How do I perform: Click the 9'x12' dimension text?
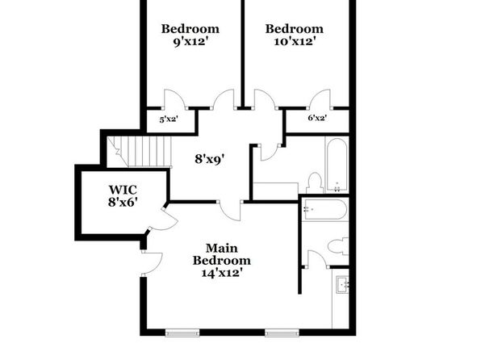[189, 41]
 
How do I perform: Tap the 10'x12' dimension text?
[295, 41]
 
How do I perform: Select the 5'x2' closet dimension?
[169, 119]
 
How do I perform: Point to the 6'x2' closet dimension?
[317, 118]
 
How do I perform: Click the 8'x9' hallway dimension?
[210, 159]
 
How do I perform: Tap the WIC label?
[123, 190]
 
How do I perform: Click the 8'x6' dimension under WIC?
[123, 203]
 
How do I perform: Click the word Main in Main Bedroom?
[221, 248]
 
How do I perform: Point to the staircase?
[139, 152]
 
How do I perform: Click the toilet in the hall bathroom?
[315, 183]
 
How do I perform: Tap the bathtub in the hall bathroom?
[337, 165]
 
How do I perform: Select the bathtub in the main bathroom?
[325, 209]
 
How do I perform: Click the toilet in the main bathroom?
[338, 246]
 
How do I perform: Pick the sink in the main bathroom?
[343, 284]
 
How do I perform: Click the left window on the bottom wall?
[182, 333]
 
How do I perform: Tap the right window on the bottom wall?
[282, 333]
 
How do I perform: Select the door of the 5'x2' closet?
[174, 99]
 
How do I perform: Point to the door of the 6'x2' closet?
[320, 99]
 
